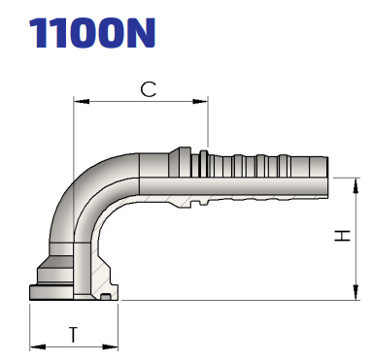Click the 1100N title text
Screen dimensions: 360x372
92,32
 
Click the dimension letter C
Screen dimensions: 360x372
148,88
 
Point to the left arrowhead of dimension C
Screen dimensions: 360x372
78,100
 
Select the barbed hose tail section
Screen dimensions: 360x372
267,175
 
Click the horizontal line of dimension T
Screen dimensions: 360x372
75,345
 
